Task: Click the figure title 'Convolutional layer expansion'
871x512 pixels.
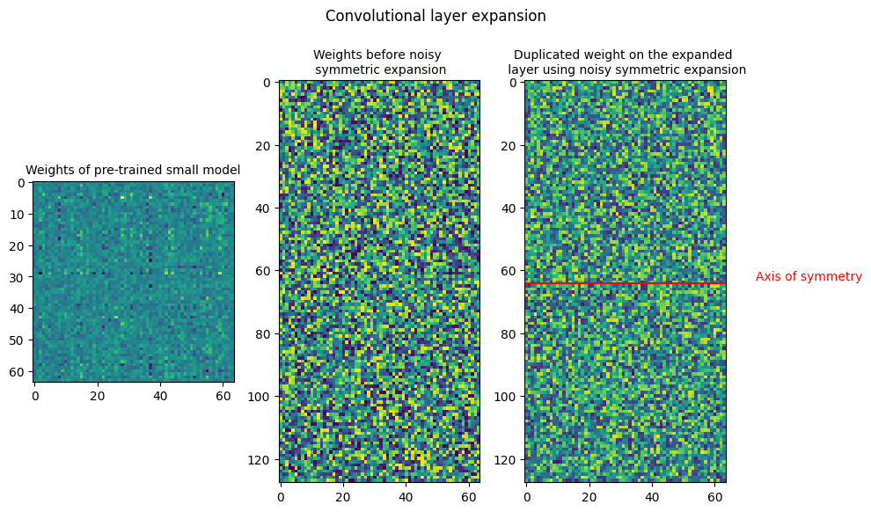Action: (x=435, y=16)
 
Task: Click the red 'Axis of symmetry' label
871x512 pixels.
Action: (x=809, y=276)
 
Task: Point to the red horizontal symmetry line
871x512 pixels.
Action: (x=626, y=284)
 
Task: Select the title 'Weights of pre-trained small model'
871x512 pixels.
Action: (x=133, y=170)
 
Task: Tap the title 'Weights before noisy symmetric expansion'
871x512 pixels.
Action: (x=380, y=62)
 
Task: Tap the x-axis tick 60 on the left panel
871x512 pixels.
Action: (x=223, y=396)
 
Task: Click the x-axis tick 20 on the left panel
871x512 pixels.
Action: (x=97, y=396)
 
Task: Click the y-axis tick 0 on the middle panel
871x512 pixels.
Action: (x=267, y=83)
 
